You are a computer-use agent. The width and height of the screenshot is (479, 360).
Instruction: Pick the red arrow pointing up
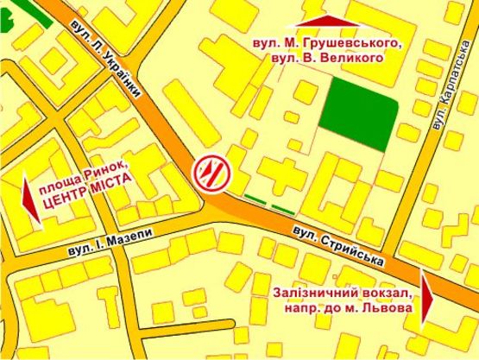tap(325, 21)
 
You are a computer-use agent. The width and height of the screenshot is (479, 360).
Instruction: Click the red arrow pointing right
tap(428, 297)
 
